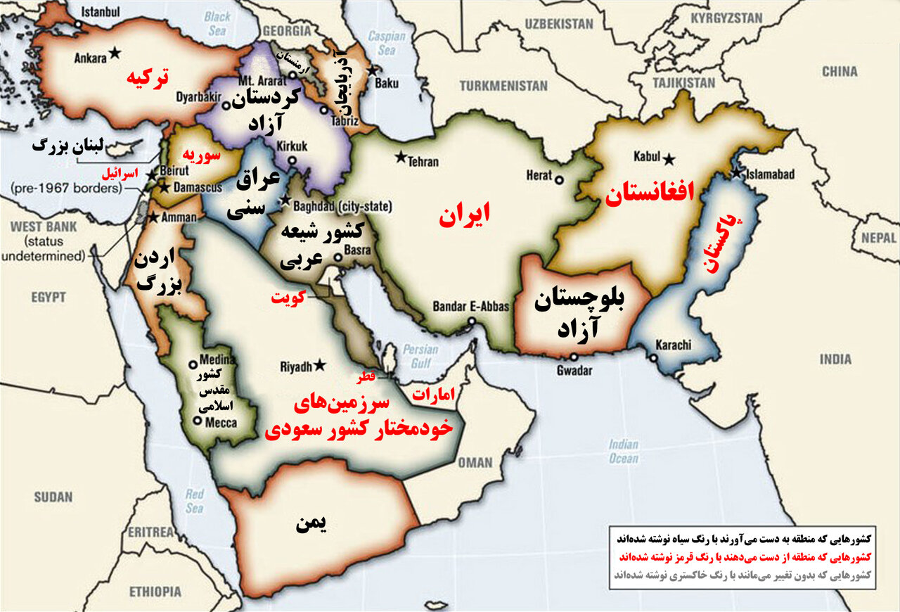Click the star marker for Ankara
[x=115, y=53]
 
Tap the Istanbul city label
[x=101, y=12]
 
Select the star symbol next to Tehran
[x=401, y=156]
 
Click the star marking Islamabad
[x=735, y=173]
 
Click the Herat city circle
[x=559, y=179]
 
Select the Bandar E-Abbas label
[x=464, y=307]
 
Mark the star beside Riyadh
[x=320, y=365]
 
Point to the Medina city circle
[x=193, y=365]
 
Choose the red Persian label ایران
[x=464, y=215]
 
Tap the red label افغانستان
[x=650, y=191]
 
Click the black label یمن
[x=312, y=523]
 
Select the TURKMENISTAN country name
[x=503, y=86]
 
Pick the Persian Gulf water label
[x=421, y=356]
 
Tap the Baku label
[x=386, y=83]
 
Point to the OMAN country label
[x=475, y=462]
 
